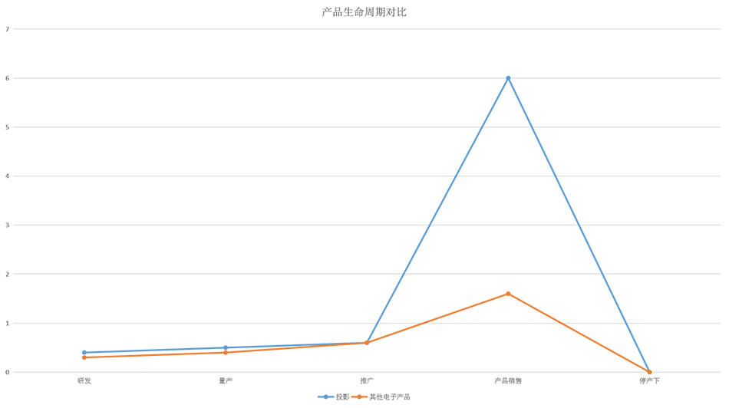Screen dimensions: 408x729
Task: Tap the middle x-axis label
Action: (x=369, y=379)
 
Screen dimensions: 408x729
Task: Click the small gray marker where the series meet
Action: (x=368, y=350)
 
